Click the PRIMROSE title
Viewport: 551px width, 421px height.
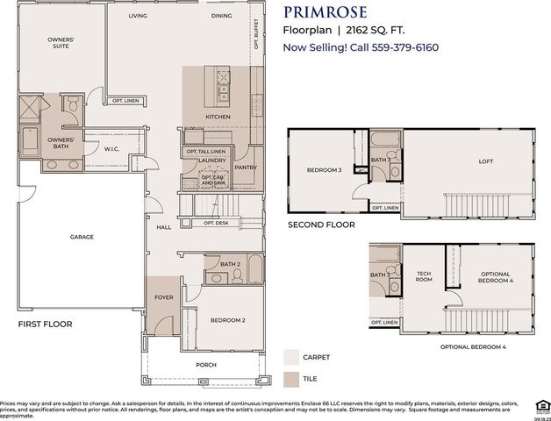324,11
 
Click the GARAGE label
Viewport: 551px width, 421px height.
82,237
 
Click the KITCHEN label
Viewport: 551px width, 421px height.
218,117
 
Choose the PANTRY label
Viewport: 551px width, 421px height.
246,167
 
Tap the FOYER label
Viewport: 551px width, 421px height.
164,296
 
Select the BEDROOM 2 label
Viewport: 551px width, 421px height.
227,321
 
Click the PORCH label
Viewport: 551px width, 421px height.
205,366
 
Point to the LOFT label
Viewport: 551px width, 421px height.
485,161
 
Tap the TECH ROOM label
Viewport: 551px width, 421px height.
424,277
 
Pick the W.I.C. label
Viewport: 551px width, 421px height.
111,149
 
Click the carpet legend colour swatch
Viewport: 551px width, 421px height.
291,357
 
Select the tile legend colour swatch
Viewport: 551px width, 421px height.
291,380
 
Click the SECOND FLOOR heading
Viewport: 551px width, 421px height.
321,225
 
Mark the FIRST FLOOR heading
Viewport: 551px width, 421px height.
45,324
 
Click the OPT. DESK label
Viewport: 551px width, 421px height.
216,223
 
